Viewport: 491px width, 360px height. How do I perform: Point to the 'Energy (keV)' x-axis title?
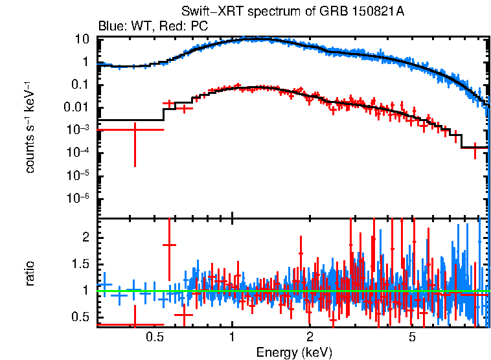pyautogui.click(x=294, y=352)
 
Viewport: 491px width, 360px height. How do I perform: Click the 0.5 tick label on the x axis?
pyautogui.click(x=154, y=337)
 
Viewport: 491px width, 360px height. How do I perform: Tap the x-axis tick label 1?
pyautogui.click(x=232, y=337)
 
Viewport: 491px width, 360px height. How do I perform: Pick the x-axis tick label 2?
pyautogui.click(x=310, y=337)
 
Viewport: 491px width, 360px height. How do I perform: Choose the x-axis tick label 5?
pyautogui.click(x=412, y=337)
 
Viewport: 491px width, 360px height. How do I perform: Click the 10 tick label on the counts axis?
pyautogui.click(x=82, y=39)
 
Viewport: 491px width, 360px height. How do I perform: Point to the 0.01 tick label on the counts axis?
pyautogui.click(x=78, y=107)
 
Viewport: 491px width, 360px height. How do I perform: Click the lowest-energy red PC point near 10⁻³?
pyautogui.click(x=135, y=129)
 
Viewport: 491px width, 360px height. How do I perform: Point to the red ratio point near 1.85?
pyautogui.click(x=170, y=245)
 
